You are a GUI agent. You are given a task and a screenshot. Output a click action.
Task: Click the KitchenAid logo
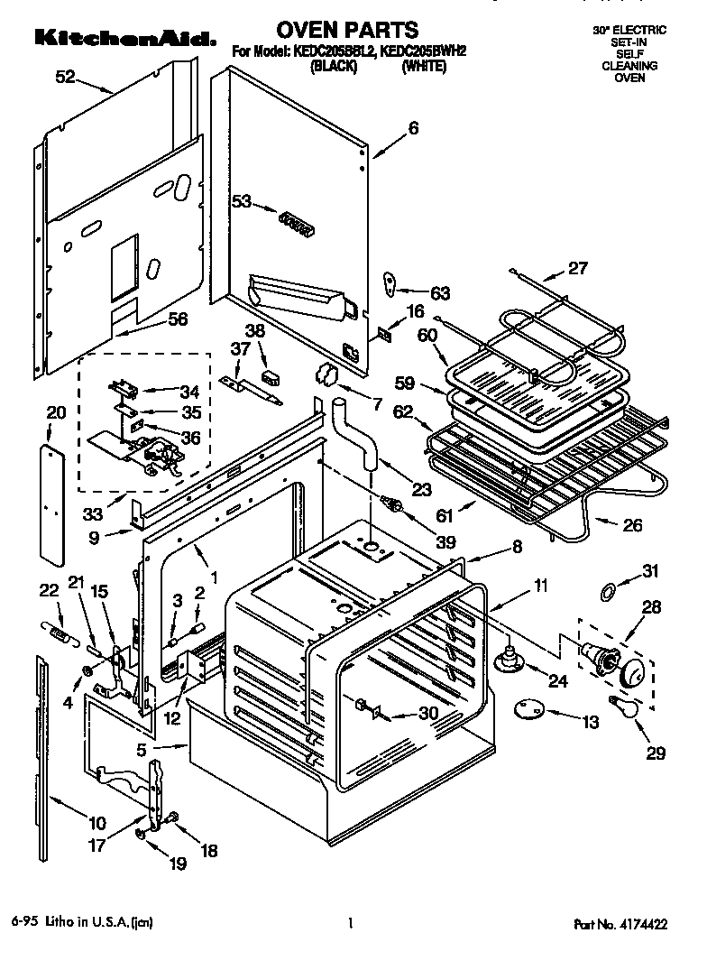click(x=125, y=38)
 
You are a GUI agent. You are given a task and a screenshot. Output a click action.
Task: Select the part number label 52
click(x=65, y=78)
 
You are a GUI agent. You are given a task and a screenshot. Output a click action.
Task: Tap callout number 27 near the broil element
click(x=577, y=267)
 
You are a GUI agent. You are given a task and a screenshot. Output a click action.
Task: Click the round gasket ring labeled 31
click(x=609, y=592)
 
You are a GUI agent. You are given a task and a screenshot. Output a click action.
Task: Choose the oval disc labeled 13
click(x=528, y=711)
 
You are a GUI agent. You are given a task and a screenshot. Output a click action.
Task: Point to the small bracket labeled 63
click(x=390, y=283)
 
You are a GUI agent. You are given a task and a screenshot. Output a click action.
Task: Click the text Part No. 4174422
click(x=623, y=923)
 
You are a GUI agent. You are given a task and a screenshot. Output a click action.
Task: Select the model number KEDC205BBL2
click(x=331, y=52)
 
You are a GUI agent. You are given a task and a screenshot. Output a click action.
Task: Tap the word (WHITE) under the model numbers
click(x=424, y=66)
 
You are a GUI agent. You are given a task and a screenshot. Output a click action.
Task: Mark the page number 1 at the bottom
click(x=349, y=923)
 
